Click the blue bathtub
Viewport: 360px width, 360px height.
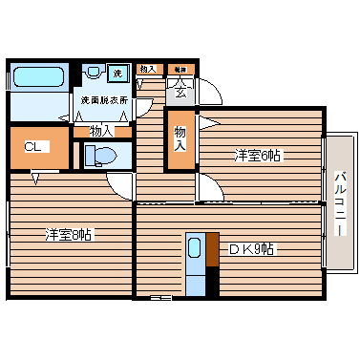tap(38, 76)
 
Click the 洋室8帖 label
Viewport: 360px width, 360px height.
tap(69, 233)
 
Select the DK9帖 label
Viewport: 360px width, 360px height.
tap(250, 249)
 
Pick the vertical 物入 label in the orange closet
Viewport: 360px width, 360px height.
tap(180, 139)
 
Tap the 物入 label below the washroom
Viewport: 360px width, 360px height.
tap(101, 130)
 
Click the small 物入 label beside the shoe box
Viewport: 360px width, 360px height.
tap(147, 69)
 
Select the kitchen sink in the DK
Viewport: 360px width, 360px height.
tap(195, 248)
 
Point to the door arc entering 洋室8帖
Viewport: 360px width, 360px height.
tap(118, 184)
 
